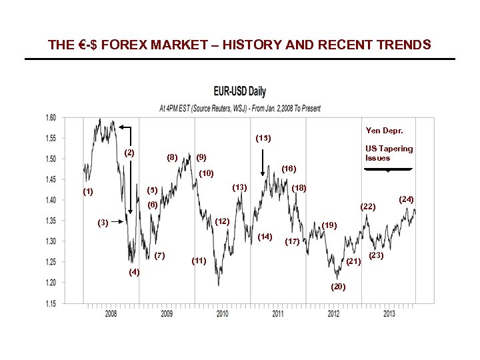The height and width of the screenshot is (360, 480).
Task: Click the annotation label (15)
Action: click(x=263, y=139)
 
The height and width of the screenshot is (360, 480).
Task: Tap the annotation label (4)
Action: click(x=135, y=273)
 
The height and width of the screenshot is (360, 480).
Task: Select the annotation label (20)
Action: click(x=338, y=286)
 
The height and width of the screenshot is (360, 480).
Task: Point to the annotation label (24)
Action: click(x=406, y=199)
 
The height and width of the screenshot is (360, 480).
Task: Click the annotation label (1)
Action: click(x=89, y=192)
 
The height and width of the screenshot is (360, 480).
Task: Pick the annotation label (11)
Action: click(x=199, y=260)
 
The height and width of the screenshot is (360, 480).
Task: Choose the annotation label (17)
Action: click(x=292, y=241)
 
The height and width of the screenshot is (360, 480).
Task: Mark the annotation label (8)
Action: click(x=172, y=157)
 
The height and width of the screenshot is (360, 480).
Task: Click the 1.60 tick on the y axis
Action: click(x=50, y=117)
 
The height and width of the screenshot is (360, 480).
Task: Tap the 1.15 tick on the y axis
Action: click(x=50, y=303)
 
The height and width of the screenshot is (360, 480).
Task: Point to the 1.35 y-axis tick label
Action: click(x=50, y=221)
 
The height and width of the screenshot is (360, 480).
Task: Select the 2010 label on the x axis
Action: click(x=222, y=313)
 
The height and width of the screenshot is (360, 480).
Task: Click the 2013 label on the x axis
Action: click(x=389, y=313)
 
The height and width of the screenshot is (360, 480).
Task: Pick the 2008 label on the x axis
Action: click(x=111, y=313)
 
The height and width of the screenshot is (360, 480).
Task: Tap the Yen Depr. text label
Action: click(x=384, y=130)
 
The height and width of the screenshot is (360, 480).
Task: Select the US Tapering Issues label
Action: click(x=389, y=153)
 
